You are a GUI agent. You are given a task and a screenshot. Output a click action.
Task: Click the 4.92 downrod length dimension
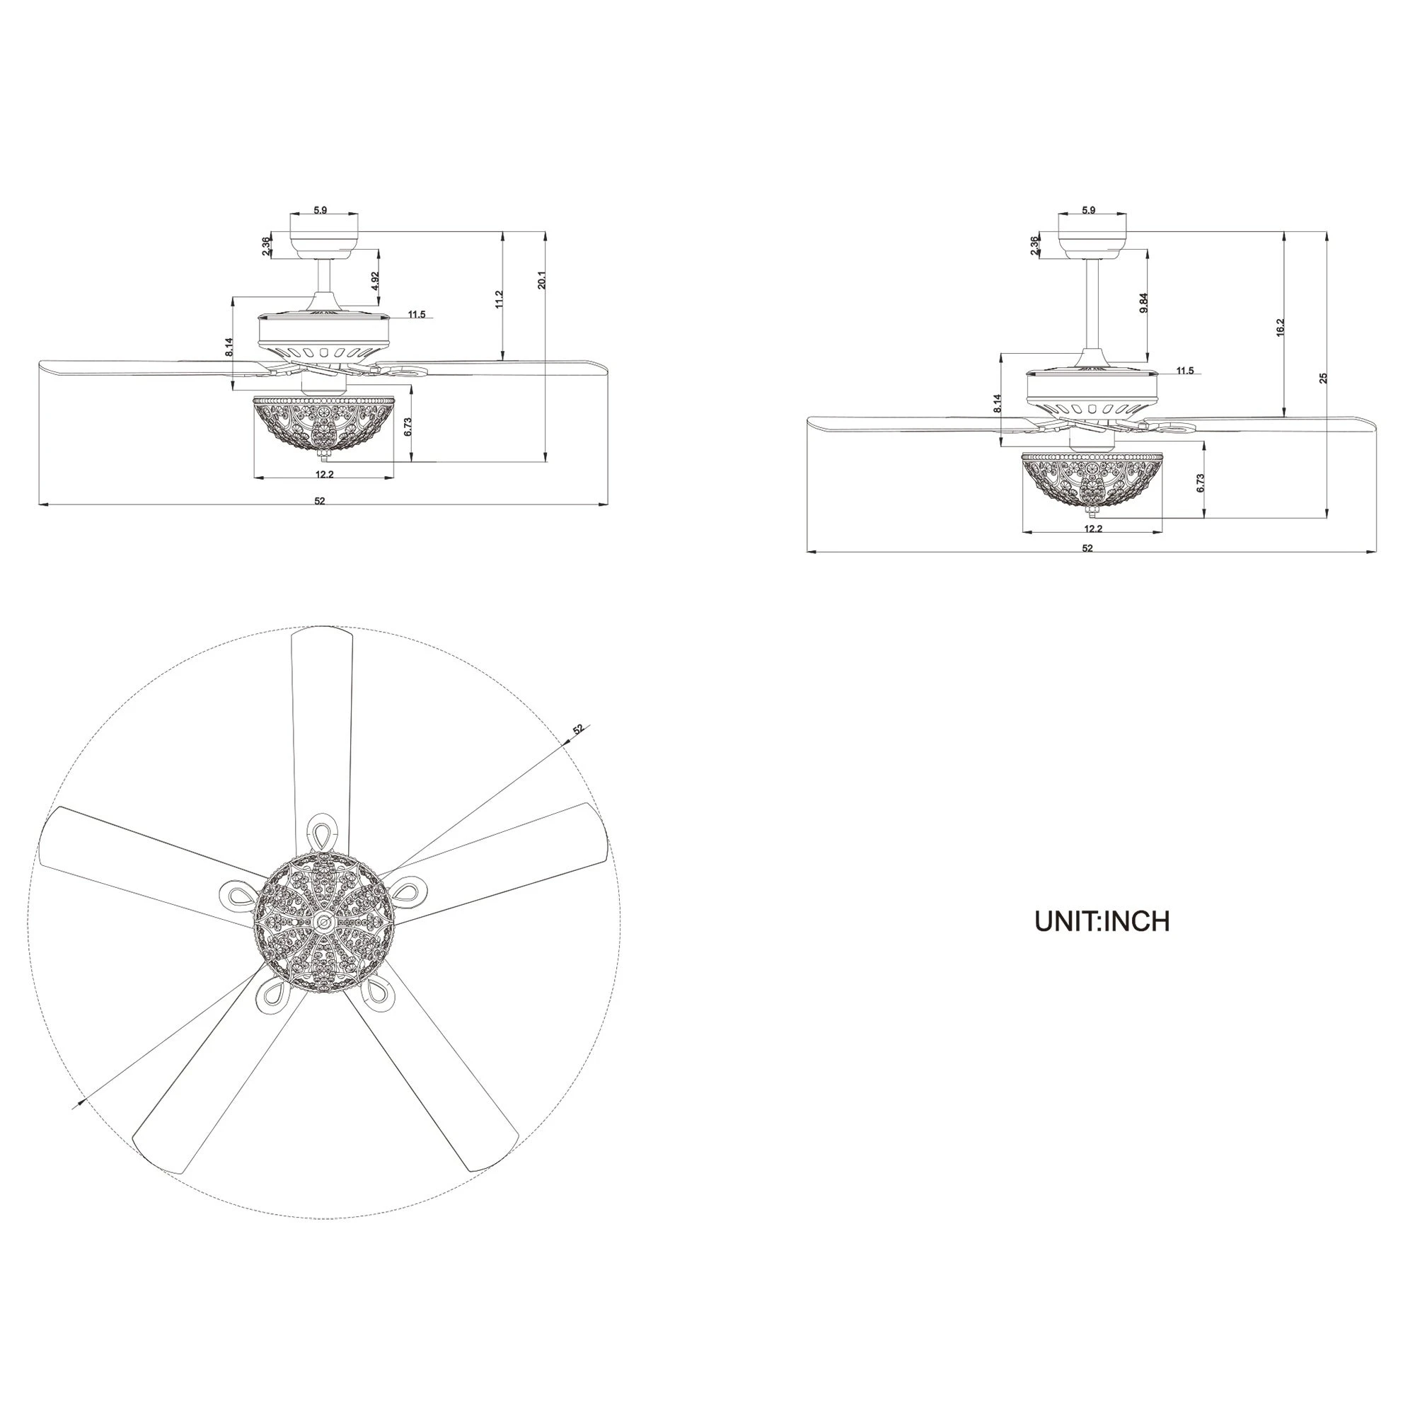click(x=375, y=283)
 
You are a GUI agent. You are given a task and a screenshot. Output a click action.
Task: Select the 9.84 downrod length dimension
click(x=1143, y=304)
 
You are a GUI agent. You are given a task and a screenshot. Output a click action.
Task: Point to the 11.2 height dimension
click(x=499, y=299)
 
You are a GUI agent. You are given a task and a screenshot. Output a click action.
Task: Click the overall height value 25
click(x=1323, y=378)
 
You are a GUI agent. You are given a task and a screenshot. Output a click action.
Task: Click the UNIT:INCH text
click(x=1102, y=921)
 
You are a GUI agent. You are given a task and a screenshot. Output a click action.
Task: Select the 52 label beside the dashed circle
click(x=579, y=729)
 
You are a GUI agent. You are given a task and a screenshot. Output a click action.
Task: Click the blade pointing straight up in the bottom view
click(x=322, y=717)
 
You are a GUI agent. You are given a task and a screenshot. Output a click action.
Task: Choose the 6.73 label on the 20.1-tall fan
click(x=408, y=427)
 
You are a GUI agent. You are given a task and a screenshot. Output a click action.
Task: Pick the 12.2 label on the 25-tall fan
click(x=1093, y=529)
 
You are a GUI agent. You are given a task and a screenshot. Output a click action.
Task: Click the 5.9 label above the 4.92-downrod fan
click(x=320, y=210)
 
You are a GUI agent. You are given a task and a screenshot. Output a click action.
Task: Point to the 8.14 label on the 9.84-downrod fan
click(x=997, y=405)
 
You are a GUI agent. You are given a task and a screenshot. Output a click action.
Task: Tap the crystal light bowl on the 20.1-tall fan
click(x=323, y=424)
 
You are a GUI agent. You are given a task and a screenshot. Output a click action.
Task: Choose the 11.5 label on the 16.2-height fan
click(x=1184, y=371)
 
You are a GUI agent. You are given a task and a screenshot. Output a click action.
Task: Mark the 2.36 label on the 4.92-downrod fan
click(x=265, y=246)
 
